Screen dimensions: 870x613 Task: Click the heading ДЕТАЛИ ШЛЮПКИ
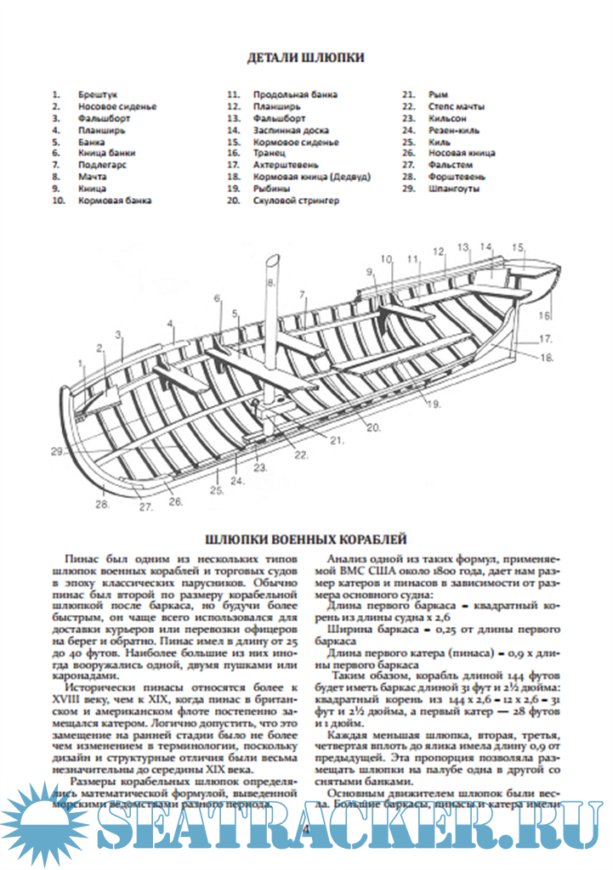point(305,58)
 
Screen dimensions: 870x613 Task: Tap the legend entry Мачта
point(93,177)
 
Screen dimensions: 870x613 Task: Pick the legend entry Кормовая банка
point(115,201)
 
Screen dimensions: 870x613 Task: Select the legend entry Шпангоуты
point(453,189)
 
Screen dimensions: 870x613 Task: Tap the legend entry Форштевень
point(457,177)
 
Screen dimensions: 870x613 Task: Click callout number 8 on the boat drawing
point(271,281)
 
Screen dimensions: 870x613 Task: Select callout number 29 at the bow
point(57,451)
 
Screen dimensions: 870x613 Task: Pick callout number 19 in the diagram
point(434,404)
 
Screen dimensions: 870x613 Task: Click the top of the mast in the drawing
point(274,257)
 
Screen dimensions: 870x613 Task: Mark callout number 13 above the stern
point(463,247)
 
